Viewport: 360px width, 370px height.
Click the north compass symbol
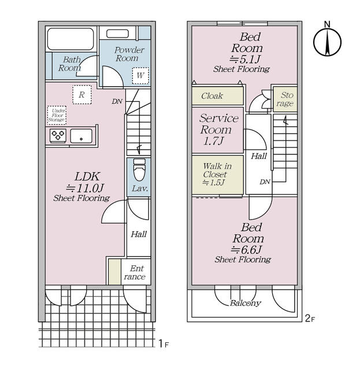[327, 40]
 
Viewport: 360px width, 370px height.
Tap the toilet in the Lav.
[139, 169]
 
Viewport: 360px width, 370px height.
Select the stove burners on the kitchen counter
[58, 136]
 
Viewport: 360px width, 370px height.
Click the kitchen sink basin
[81, 136]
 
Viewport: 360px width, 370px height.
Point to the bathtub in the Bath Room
[70, 39]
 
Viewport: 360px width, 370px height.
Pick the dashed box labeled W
[140, 76]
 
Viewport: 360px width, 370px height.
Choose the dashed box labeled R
[82, 95]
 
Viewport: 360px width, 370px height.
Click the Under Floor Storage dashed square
[57, 116]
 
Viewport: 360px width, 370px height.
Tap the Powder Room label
[128, 54]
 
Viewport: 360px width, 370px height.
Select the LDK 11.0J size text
[85, 188]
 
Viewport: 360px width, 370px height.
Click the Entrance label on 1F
[135, 272]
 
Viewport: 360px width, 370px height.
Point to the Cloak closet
[217, 96]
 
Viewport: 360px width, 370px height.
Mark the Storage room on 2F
[285, 99]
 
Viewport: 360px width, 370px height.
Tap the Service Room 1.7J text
[218, 129]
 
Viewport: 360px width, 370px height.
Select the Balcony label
[246, 303]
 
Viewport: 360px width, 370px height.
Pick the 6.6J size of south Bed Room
[246, 250]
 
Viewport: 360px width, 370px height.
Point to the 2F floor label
[310, 319]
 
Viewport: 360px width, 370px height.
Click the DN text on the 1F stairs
[117, 102]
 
